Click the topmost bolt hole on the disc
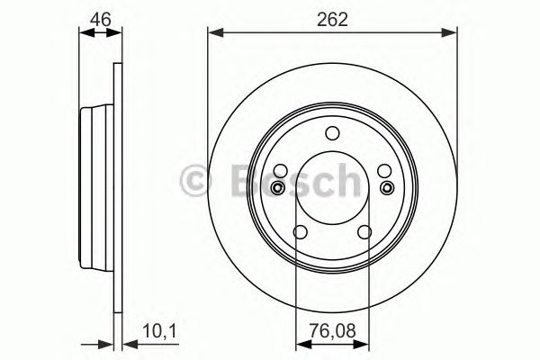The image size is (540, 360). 331,135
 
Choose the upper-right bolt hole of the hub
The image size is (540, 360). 382,171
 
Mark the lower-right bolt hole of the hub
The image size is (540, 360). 364,231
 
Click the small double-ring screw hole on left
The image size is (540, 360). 277,187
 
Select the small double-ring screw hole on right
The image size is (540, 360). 387,187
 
